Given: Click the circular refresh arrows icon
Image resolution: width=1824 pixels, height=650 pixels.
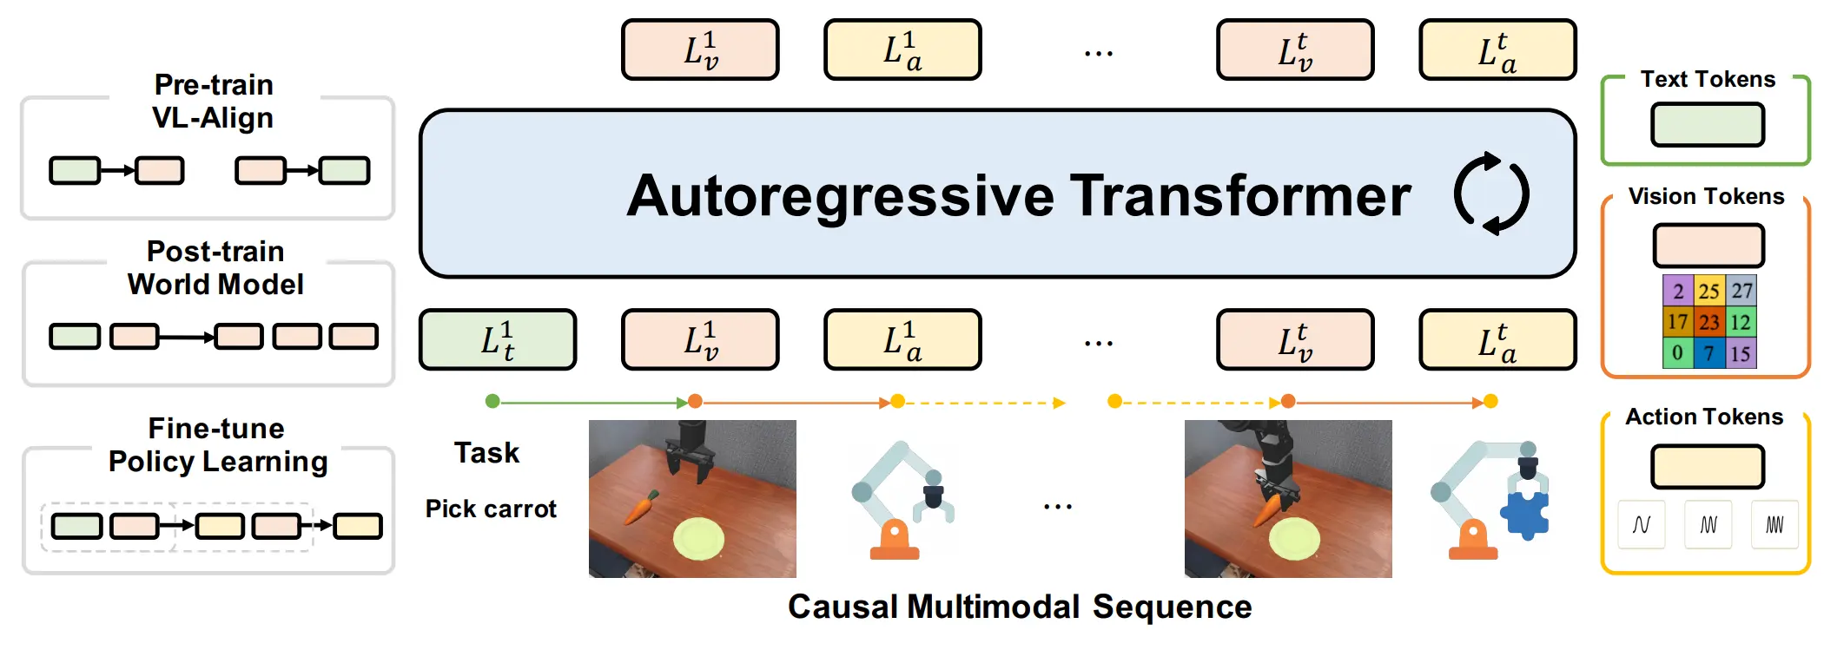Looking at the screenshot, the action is pyautogui.click(x=1491, y=193).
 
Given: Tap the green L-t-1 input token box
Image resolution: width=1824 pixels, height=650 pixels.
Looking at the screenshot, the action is pyautogui.click(x=498, y=339).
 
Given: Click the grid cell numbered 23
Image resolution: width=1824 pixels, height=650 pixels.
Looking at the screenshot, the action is pyautogui.click(x=1708, y=322).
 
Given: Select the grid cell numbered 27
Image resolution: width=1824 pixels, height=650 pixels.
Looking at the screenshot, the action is pyautogui.click(x=1741, y=290).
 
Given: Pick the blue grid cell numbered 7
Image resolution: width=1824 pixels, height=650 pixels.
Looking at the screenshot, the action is pyautogui.click(x=1708, y=353).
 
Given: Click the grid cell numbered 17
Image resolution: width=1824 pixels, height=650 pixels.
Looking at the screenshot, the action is pyautogui.click(x=1677, y=322).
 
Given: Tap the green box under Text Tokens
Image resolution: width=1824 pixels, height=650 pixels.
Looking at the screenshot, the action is pyautogui.click(x=1708, y=124).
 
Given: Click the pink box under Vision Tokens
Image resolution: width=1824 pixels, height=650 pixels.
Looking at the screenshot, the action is pyautogui.click(x=1708, y=246).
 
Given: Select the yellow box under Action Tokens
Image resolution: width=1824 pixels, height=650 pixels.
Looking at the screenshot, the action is pyautogui.click(x=1708, y=467).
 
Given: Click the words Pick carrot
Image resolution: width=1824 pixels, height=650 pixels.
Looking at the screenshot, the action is pyautogui.click(x=491, y=509).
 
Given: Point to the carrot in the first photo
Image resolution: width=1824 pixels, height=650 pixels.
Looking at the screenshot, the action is pyautogui.click(x=642, y=507).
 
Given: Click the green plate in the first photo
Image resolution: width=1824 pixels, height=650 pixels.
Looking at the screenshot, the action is pyautogui.click(x=698, y=538).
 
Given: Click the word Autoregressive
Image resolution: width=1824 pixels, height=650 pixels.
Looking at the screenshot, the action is pyautogui.click(x=840, y=196).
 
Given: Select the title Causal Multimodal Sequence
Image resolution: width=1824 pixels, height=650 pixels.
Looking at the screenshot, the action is pyautogui.click(x=1020, y=607).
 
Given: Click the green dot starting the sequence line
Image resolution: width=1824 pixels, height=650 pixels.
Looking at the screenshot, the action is pyautogui.click(x=492, y=401).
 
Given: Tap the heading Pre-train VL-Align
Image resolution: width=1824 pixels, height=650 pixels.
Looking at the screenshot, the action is pyautogui.click(x=214, y=101).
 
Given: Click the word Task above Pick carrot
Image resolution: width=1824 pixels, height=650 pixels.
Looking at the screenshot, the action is pyautogui.click(x=486, y=452).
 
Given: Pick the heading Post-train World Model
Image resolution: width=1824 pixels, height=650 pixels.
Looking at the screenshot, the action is pyautogui.click(x=215, y=267).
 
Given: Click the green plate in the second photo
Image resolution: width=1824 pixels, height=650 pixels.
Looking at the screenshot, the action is pyautogui.click(x=1294, y=539).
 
